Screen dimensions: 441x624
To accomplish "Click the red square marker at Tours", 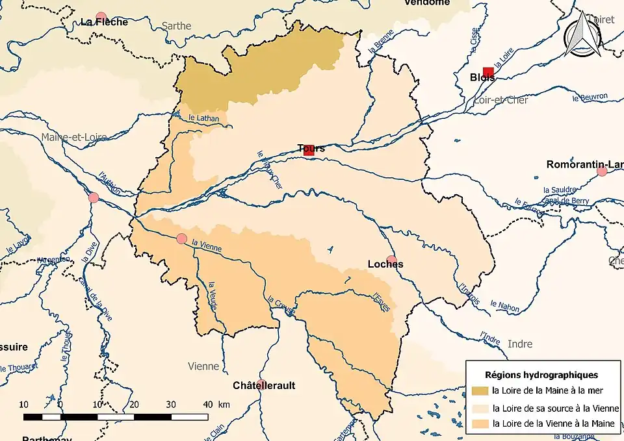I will tap(309, 150).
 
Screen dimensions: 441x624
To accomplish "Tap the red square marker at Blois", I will tap(488, 72).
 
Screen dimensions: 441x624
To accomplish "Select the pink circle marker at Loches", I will tap(391, 260).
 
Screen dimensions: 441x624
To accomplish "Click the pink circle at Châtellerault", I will tap(261, 384).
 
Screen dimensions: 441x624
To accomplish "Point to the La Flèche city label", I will tap(104, 21).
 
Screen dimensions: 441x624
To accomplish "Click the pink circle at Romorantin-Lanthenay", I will tap(602, 171).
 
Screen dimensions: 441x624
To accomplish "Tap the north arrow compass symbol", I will tap(582, 36).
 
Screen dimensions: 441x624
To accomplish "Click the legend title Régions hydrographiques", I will tap(541, 375).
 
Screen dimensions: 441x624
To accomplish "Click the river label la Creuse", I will tap(281, 306).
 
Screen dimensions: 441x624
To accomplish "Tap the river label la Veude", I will tap(213, 294).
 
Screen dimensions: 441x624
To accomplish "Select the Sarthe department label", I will tap(176, 26).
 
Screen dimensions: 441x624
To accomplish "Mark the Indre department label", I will tap(519, 344).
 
